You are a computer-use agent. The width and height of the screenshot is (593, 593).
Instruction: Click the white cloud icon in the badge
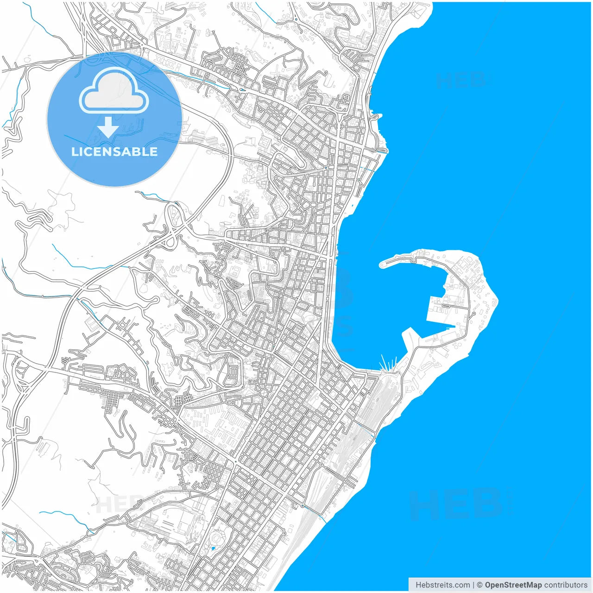(x=114, y=91)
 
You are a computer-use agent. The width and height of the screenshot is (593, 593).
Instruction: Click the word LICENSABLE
(x=114, y=151)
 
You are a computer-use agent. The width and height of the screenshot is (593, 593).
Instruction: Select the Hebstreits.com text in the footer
(x=442, y=585)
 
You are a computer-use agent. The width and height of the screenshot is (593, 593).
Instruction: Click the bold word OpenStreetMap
(x=513, y=585)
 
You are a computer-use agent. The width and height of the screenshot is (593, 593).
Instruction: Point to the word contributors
(x=566, y=585)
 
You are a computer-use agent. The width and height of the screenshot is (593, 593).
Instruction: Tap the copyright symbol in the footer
(x=479, y=585)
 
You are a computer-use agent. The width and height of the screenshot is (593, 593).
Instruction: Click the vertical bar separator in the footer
(x=473, y=585)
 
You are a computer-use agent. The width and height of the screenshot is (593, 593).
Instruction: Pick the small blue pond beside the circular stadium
(x=213, y=549)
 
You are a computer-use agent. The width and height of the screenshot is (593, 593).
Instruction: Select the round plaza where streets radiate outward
(x=263, y=393)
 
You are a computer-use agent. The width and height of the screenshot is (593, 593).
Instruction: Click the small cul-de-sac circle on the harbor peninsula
(x=473, y=314)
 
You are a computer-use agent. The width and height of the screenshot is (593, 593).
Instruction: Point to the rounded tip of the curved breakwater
(x=383, y=265)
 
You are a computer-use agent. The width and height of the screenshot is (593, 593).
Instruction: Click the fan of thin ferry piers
(x=388, y=364)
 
